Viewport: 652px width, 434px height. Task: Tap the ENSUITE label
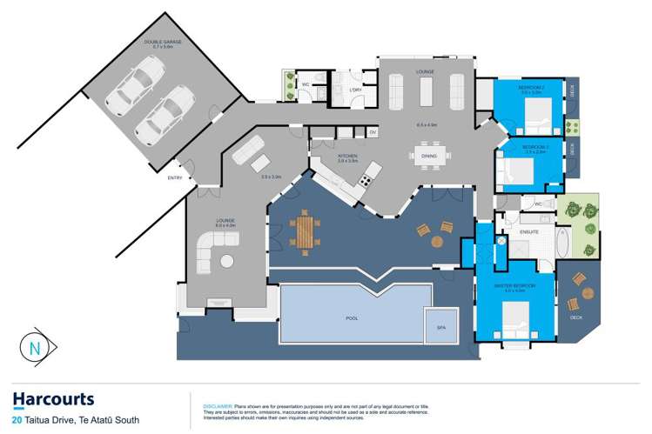528,233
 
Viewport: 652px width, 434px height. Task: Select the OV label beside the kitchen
372,132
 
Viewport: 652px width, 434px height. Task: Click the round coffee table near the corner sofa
227,261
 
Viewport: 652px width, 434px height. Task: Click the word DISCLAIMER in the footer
217,405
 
